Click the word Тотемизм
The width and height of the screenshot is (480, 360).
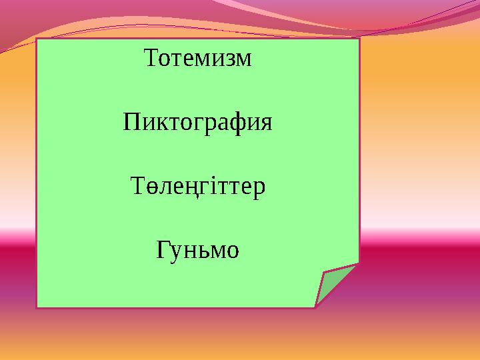[198, 59]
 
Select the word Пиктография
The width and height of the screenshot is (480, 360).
[198, 123]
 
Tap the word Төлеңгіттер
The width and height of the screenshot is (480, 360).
[198, 187]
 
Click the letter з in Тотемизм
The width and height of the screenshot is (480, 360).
[228, 60]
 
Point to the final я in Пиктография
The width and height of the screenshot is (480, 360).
[266, 124]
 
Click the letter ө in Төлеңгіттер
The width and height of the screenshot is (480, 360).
[148, 187]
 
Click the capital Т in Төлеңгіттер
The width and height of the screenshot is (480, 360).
[136, 186]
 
